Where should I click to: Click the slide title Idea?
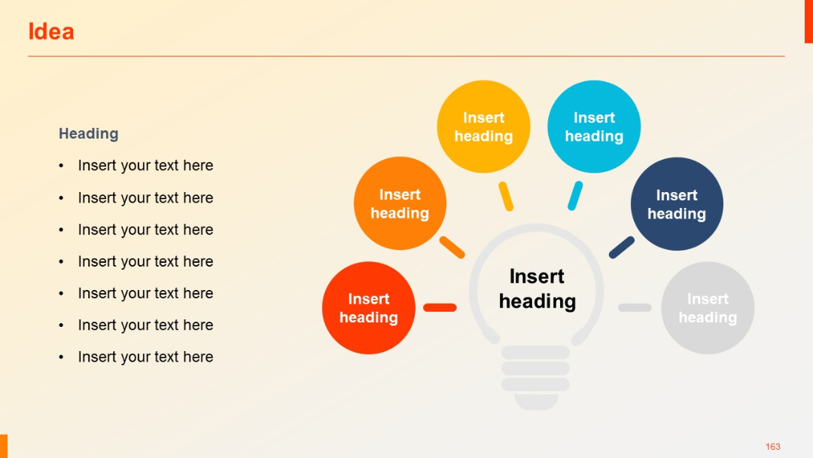click(50, 32)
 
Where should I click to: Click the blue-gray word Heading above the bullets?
click(89, 133)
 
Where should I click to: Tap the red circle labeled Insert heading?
click(368, 308)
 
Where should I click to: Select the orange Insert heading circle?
click(400, 203)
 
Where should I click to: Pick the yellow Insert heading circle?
click(483, 127)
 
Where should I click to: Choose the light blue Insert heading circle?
click(594, 127)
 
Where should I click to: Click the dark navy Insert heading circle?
click(676, 204)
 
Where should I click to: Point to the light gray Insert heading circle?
click(707, 308)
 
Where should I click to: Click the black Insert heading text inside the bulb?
click(537, 289)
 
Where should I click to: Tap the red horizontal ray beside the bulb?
click(440, 307)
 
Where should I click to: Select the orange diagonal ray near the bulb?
click(452, 247)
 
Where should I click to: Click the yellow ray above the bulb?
click(506, 196)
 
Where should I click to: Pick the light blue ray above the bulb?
click(575, 196)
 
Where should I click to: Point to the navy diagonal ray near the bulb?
click(622, 247)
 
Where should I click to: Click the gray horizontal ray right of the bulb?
click(635, 307)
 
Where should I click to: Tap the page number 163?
click(773, 447)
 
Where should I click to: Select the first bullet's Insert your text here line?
click(145, 166)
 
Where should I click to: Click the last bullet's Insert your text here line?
click(145, 357)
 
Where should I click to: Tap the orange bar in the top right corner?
click(808, 21)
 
